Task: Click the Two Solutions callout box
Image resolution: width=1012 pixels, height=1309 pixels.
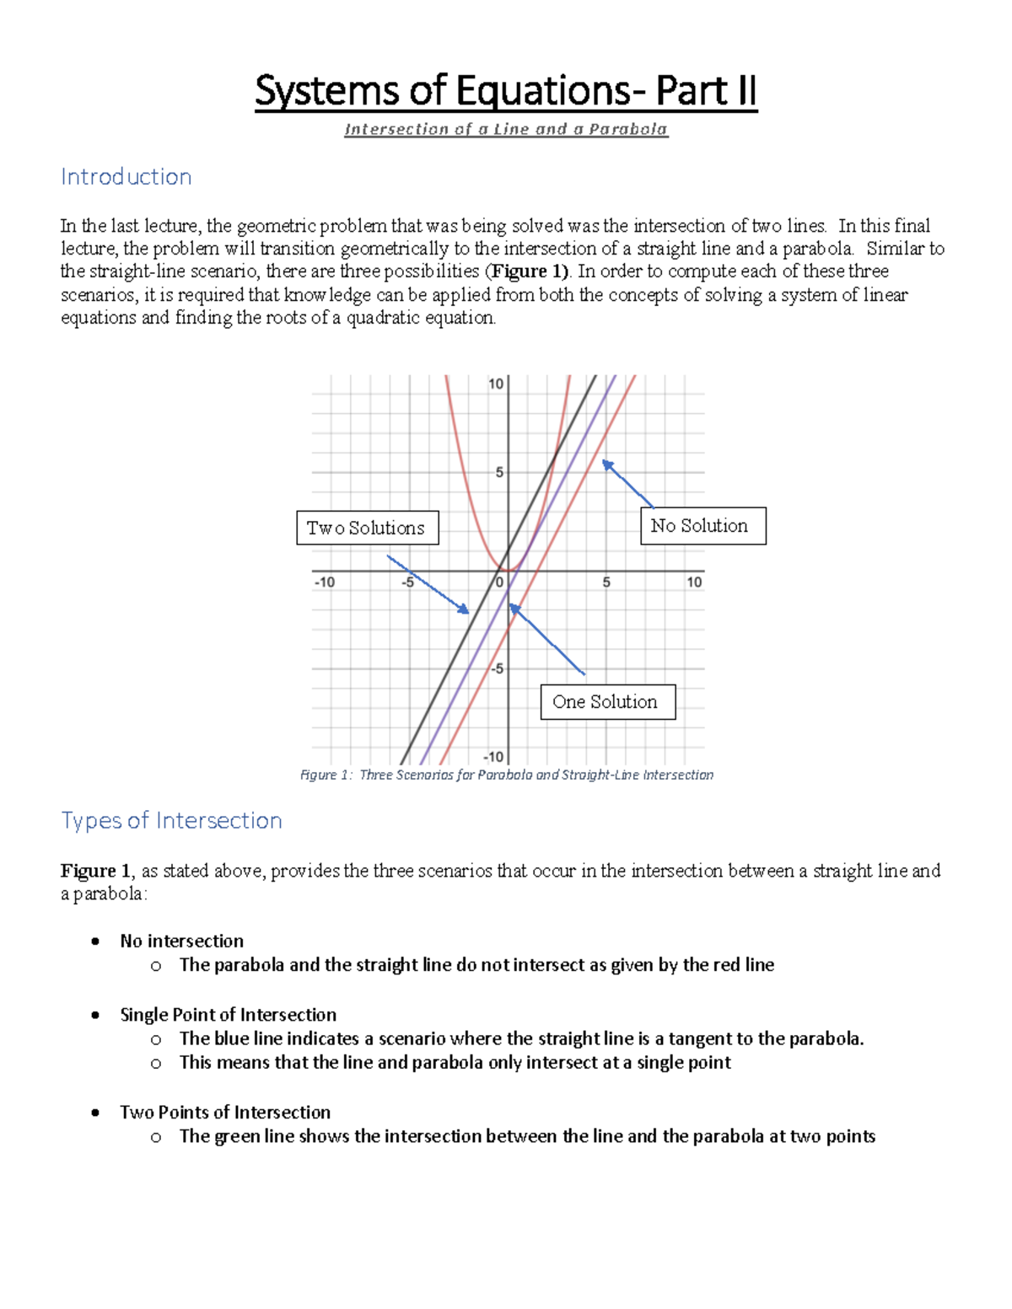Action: pyautogui.click(x=367, y=528)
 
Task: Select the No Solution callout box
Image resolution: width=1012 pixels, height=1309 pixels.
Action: pyautogui.click(x=702, y=526)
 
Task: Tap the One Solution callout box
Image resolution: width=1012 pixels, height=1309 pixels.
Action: pyautogui.click(x=607, y=702)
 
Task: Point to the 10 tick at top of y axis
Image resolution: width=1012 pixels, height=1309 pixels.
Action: pyautogui.click(x=496, y=384)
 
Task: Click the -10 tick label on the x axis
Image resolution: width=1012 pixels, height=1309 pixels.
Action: pyautogui.click(x=324, y=582)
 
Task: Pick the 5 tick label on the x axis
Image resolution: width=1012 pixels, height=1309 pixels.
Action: pyautogui.click(x=606, y=582)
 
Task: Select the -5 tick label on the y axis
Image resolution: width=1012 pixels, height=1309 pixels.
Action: pyautogui.click(x=497, y=669)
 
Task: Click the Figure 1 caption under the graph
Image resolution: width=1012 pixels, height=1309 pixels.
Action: pyautogui.click(x=506, y=775)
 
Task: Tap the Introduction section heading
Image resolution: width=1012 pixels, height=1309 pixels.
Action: pyautogui.click(x=126, y=177)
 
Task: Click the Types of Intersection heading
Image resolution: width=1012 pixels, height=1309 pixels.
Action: pyautogui.click(x=171, y=820)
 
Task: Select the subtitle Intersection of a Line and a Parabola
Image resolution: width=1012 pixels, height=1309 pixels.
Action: pyautogui.click(x=506, y=130)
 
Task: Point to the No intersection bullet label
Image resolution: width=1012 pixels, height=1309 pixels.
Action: pyautogui.click(x=181, y=941)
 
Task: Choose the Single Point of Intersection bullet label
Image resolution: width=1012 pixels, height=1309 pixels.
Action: pyautogui.click(x=228, y=1015)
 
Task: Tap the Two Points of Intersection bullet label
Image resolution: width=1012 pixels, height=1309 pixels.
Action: pyautogui.click(x=225, y=1113)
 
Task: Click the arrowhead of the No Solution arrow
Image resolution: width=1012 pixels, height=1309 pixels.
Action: pyautogui.click(x=606, y=464)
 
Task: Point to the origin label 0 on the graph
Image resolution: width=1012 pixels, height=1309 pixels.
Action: pyautogui.click(x=499, y=582)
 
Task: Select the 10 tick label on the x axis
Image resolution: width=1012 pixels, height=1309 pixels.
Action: pyautogui.click(x=693, y=582)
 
